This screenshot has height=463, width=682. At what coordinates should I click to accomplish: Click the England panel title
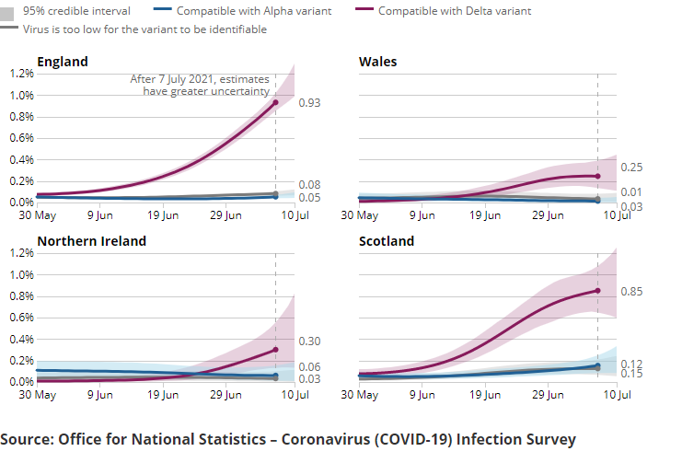pyautogui.click(x=63, y=62)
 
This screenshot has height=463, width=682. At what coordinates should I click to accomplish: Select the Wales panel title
pyautogui.click(x=377, y=62)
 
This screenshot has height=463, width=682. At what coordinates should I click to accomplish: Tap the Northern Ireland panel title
pyautogui.click(x=91, y=241)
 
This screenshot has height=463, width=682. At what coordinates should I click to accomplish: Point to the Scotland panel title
pyautogui.click(x=387, y=241)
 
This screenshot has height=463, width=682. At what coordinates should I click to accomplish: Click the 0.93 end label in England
pyautogui.click(x=309, y=102)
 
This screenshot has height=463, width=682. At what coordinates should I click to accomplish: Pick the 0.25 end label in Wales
pyautogui.click(x=631, y=168)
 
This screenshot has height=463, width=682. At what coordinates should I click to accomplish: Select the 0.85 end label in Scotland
pyautogui.click(x=631, y=292)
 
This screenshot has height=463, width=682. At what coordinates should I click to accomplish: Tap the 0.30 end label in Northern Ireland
pyautogui.click(x=309, y=341)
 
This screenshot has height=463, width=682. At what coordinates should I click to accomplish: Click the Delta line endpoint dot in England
pyautogui.click(x=275, y=102)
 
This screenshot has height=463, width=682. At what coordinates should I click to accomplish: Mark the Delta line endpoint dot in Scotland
pyautogui.click(x=597, y=291)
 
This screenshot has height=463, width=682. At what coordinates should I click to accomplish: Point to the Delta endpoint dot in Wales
pyautogui.click(x=597, y=176)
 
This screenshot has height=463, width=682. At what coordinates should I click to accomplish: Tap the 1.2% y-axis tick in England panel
pyautogui.click(x=21, y=74)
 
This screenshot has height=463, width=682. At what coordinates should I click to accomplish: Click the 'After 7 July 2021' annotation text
pyautogui.click(x=200, y=80)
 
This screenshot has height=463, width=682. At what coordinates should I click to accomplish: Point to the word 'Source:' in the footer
pyautogui.click(x=27, y=439)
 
